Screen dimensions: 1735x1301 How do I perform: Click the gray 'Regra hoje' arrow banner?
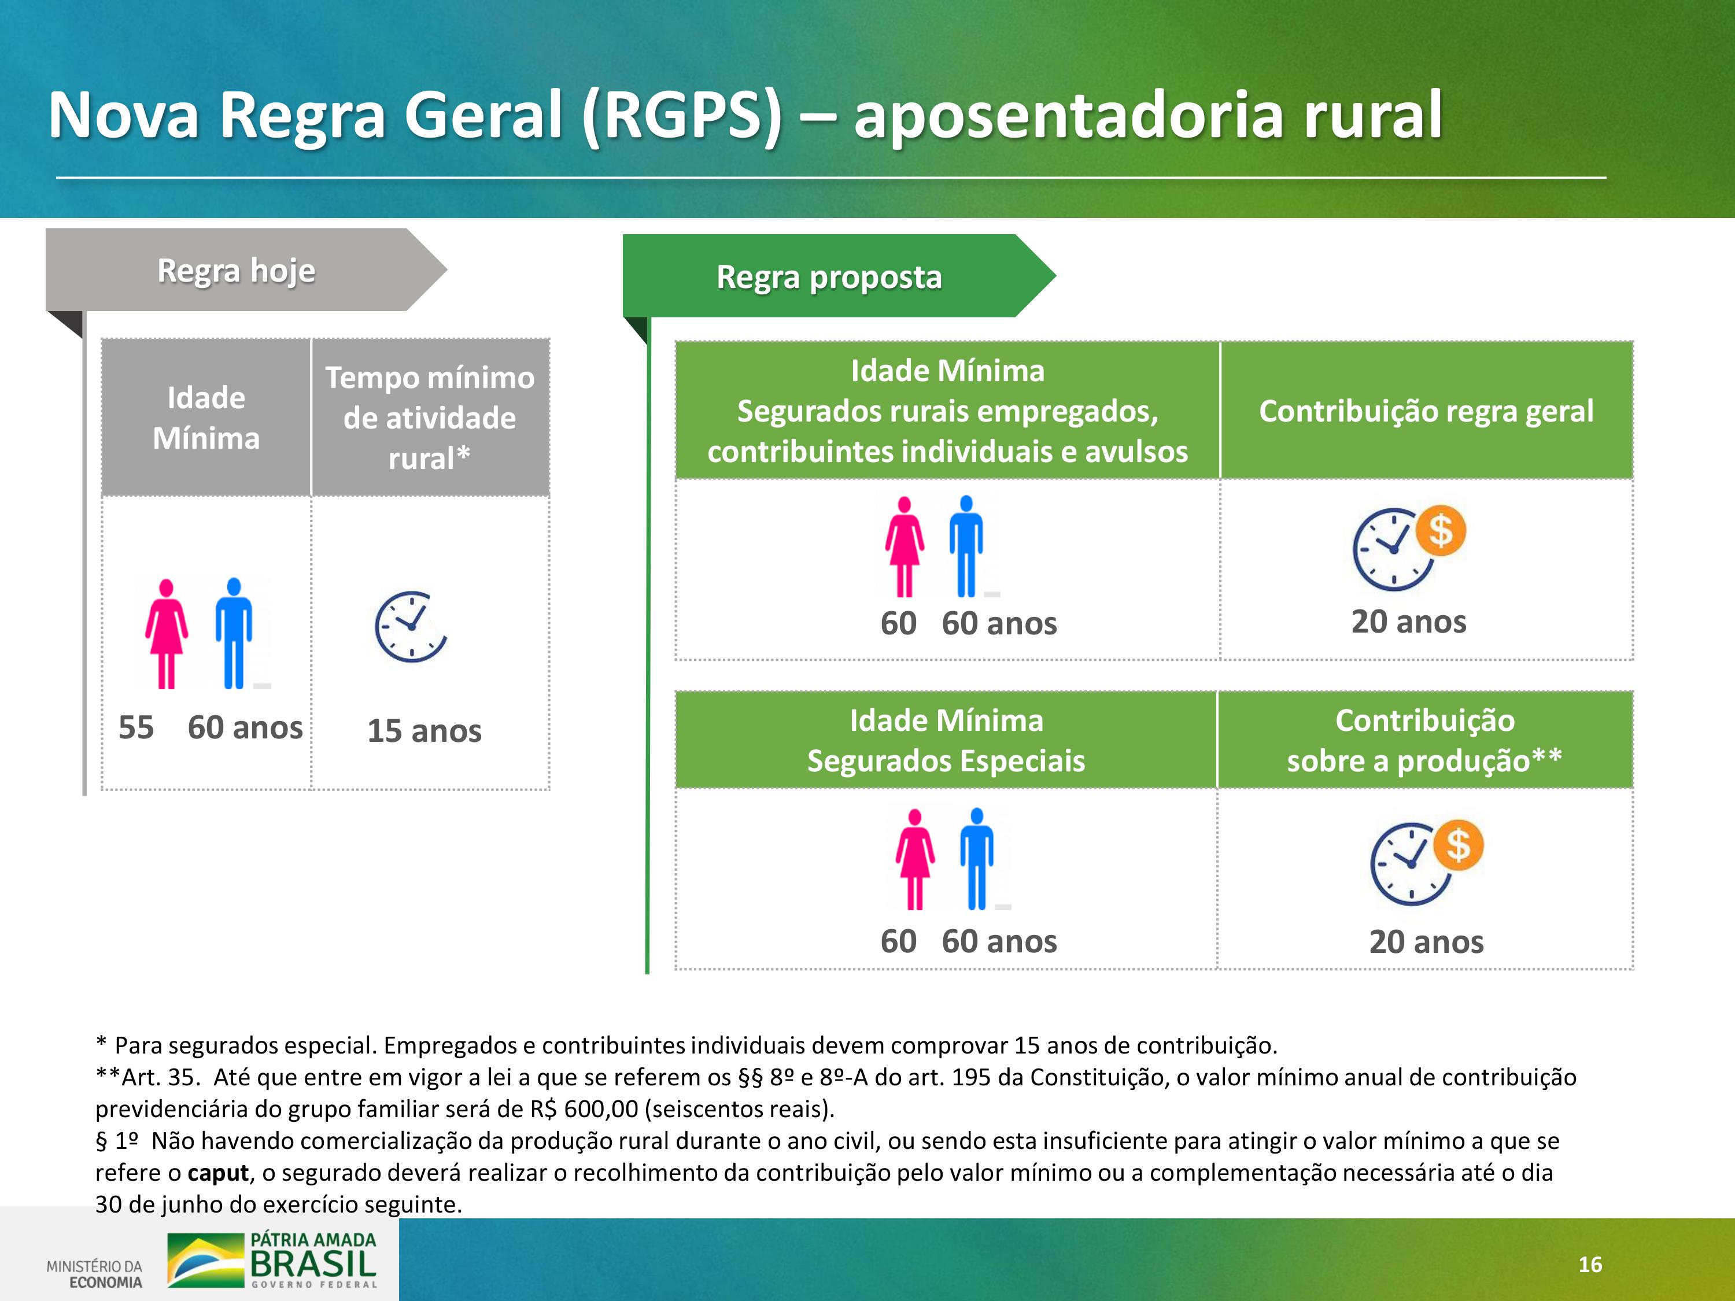(x=246, y=270)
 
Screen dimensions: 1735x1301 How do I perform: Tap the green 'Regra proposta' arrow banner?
(x=839, y=276)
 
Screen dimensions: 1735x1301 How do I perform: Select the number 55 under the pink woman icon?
(x=136, y=728)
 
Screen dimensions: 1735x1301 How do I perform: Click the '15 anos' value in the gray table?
(x=424, y=731)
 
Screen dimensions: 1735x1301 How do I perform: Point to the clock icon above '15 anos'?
(x=410, y=627)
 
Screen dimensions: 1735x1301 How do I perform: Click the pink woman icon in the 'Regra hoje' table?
(x=167, y=634)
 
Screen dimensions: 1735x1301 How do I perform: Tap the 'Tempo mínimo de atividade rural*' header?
(x=430, y=418)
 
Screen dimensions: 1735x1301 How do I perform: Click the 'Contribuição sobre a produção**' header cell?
(x=1424, y=740)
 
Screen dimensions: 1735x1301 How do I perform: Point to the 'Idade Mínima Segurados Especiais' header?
(x=946, y=740)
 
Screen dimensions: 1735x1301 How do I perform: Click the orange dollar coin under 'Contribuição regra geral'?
(x=1440, y=531)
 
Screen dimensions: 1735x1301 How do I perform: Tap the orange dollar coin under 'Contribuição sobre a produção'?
(x=1458, y=845)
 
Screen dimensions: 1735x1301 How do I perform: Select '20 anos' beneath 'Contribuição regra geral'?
(x=1409, y=622)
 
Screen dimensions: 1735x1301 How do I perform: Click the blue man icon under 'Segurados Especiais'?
(x=977, y=859)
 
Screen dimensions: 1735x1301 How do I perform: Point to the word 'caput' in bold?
(x=218, y=1173)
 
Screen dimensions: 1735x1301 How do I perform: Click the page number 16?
(x=1590, y=1264)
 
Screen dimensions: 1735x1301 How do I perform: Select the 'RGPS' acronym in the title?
(x=682, y=115)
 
